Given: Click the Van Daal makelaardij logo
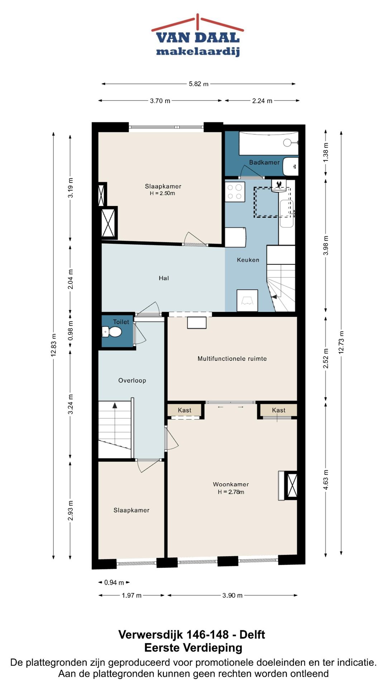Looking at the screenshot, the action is [x=197, y=35].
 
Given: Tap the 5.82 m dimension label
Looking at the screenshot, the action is [x=199, y=84].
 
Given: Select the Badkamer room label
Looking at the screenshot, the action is [x=264, y=162].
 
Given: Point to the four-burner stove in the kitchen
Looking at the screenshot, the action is [x=235, y=192].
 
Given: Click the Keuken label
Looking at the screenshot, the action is [x=248, y=260].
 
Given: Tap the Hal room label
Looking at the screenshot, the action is [x=164, y=278].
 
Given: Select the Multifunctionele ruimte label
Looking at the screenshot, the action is [x=232, y=358].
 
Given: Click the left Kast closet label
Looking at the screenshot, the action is [x=185, y=410].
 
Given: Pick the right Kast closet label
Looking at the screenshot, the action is [x=279, y=410].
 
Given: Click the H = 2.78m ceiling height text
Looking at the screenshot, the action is [x=231, y=492].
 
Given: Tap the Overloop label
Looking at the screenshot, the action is [x=132, y=381].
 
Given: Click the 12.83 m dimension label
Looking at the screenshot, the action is [x=54, y=345].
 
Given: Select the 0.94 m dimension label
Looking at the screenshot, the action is [x=114, y=583].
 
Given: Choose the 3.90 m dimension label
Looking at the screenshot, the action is [x=233, y=596].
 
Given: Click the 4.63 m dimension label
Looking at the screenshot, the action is [x=326, y=480].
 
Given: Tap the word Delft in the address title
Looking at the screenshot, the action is [x=252, y=635].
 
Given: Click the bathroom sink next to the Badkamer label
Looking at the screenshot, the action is [x=291, y=167].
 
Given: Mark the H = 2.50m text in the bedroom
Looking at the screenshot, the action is [x=162, y=193].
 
